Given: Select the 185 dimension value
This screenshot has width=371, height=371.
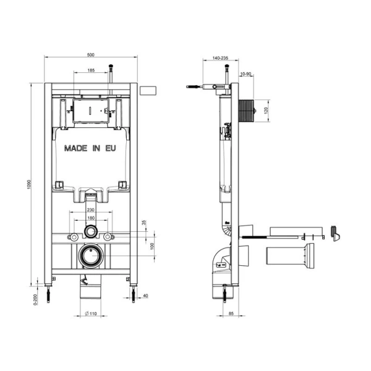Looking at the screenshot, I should tap(91, 71).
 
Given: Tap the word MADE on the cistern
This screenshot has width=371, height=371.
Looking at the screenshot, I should tap(76, 148).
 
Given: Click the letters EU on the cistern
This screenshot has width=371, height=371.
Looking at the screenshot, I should tap(109, 148).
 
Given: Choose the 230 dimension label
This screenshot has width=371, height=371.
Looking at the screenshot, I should tap(91, 210).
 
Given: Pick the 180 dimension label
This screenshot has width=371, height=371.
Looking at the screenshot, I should tap(91, 218).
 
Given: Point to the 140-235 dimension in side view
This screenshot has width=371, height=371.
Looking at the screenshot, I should tap(220, 58).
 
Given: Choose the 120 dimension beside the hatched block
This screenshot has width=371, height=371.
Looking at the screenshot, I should tap(267, 111).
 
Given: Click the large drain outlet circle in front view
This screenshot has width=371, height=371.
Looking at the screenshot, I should tap(91, 254).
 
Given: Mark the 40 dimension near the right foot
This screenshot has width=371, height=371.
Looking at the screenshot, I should tap(147, 296).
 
